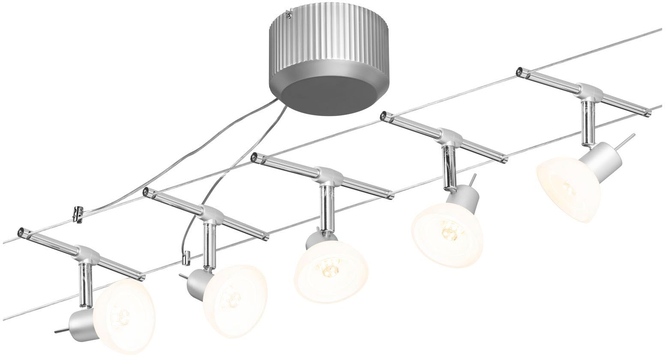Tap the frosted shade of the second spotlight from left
click(234, 300)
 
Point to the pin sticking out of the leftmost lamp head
click(60, 330)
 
